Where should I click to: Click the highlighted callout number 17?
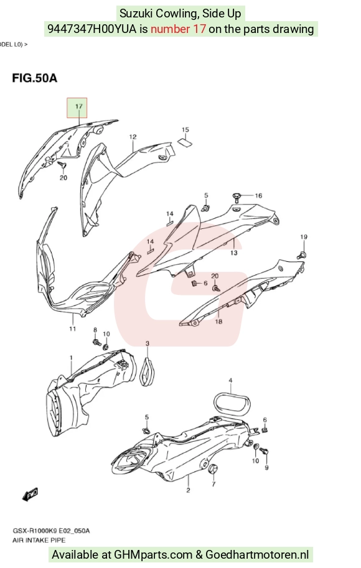[x=78, y=106]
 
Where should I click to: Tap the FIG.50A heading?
[x=35, y=78]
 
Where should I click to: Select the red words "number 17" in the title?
[x=179, y=29]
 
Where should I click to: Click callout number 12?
[x=133, y=137]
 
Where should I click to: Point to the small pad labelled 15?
[x=185, y=142]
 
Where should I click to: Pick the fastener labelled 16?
[x=237, y=197]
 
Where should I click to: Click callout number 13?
[x=234, y=253]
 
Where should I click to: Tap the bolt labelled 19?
[x=301, y=254]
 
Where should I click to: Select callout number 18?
[x=218, y=321]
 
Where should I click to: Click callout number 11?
[x=72, y=328]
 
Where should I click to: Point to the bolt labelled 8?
[x=96, y=342]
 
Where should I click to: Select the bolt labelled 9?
[x=264, y=452]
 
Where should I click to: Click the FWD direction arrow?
[x=30, y=494]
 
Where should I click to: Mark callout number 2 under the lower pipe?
[x=188, y=490]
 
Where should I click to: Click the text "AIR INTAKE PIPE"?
[x=39, y=540]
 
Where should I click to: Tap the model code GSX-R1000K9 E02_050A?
[x=51, y=531]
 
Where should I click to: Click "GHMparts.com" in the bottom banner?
[x=153, y=554]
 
